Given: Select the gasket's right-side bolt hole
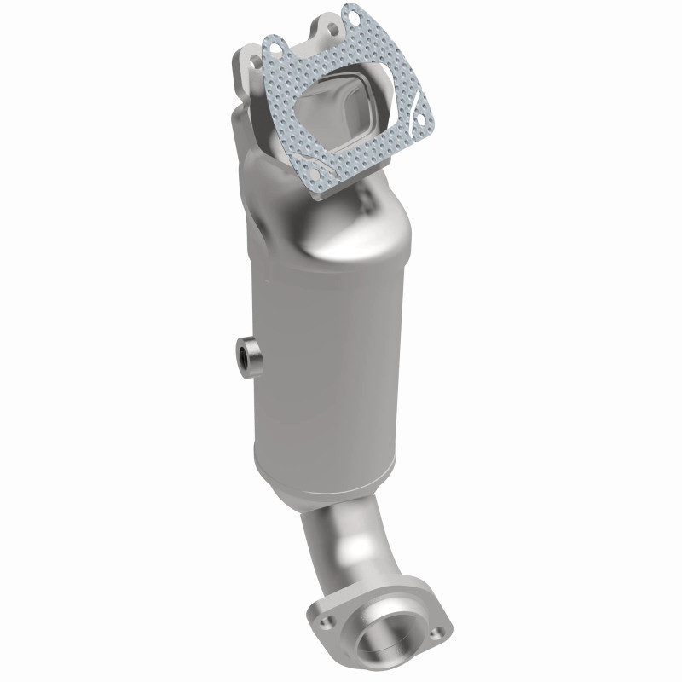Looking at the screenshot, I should [x=419, y=121].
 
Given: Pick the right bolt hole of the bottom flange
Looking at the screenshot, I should [x=437, y=632].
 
